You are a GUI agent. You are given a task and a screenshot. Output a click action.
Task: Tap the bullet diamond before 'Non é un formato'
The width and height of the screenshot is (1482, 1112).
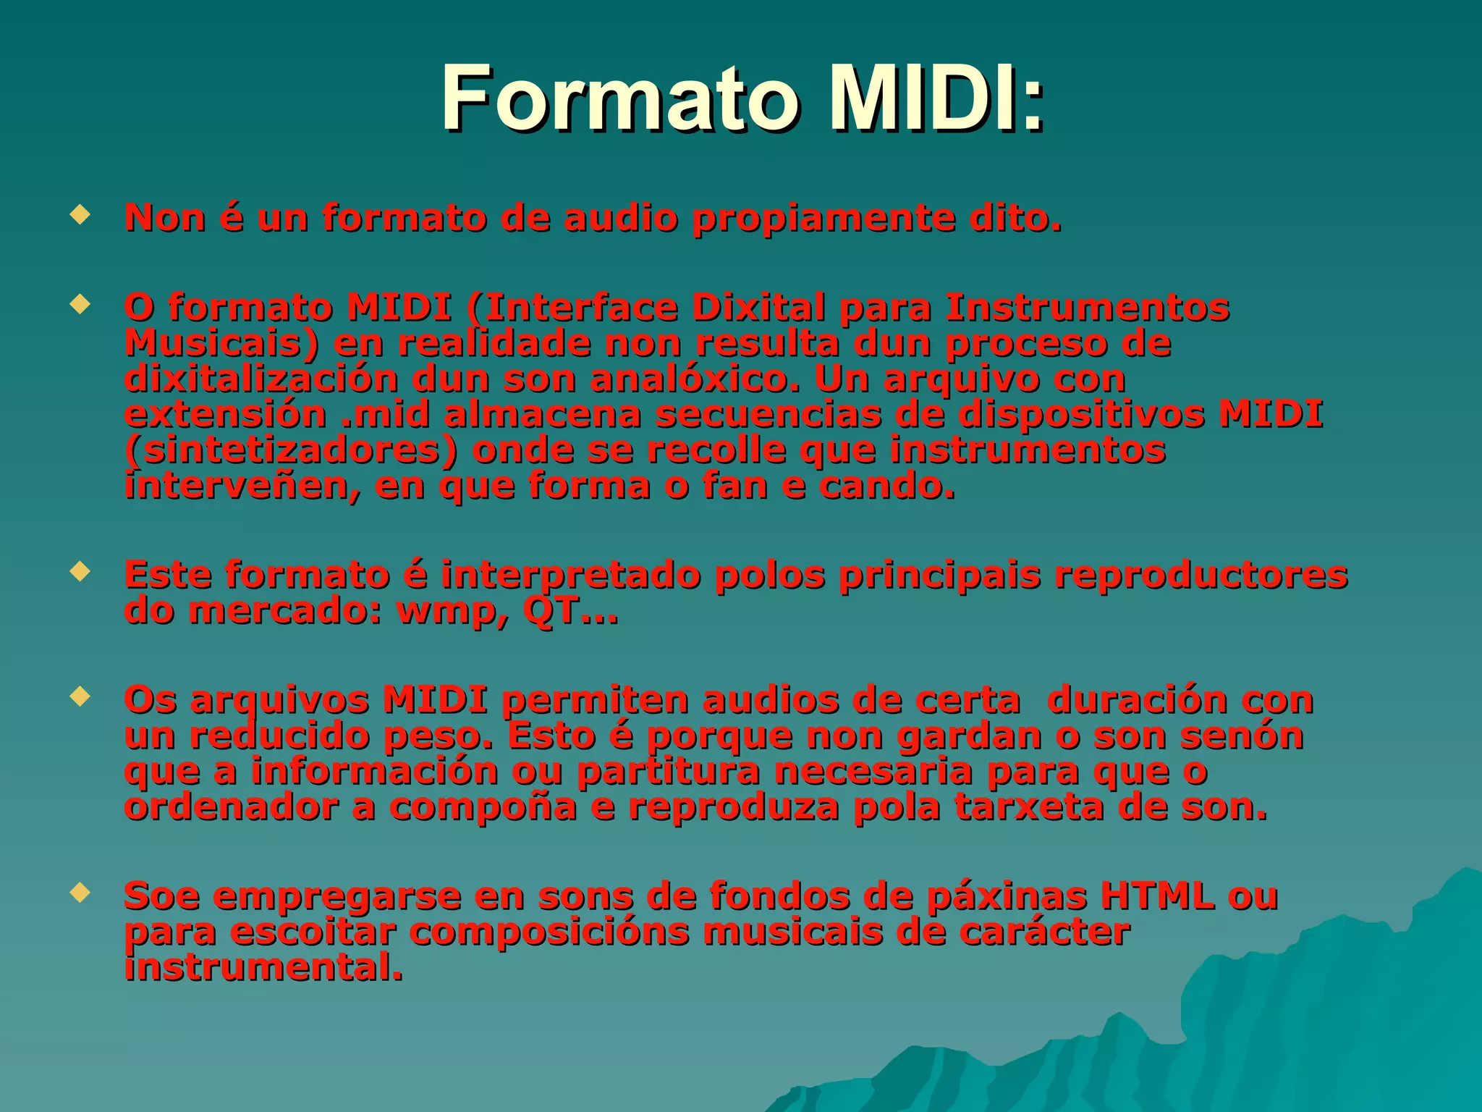(80, 214)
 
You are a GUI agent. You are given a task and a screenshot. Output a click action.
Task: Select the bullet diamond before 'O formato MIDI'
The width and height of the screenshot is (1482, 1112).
(80, 303)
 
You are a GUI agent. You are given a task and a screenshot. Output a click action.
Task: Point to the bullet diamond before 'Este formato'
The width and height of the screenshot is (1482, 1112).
(80, 572)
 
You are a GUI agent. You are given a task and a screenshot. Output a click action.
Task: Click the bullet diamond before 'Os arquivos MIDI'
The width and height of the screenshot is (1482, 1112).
(80, 696)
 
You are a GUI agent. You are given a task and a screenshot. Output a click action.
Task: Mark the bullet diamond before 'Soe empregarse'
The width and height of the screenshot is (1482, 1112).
(80, 893)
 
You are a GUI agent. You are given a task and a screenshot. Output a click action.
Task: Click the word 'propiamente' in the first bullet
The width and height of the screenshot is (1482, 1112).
(824, 219)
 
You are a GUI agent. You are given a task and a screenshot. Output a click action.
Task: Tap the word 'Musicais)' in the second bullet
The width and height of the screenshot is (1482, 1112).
(221, 343)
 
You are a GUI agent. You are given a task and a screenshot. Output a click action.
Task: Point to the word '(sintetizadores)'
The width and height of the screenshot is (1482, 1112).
(291, 451)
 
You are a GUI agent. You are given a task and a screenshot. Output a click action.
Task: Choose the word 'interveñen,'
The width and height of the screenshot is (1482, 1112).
(242, 486)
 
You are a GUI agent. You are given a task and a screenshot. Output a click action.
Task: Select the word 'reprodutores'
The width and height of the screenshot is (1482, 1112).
(1201, 576)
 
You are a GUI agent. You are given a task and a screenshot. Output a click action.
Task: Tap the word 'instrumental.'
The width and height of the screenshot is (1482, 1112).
(263, 968)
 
